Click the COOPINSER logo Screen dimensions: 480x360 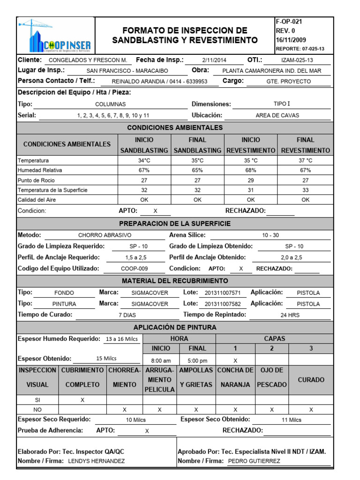[55, 36]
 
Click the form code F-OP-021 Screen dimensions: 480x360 [290, 22]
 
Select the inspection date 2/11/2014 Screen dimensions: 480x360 [214, 60]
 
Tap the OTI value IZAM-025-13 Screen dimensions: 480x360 [297, 60]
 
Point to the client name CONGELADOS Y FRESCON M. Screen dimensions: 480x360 [88, 60]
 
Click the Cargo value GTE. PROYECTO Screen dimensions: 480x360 [292, 81]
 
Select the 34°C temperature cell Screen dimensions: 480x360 [144, 160]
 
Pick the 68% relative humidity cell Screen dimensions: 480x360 [251, 170]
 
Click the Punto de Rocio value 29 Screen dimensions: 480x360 [251, 180]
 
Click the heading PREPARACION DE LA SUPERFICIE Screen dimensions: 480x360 [175, 224]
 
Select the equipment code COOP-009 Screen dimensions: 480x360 [134, 269]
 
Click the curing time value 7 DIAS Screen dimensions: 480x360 [127, 315]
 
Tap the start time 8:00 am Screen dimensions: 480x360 [160, 360]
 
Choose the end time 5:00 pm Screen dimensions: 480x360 [197, 360]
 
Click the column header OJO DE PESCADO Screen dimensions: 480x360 [272, 377]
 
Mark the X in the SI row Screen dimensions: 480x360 [82, 400]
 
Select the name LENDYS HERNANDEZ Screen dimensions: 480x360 [97, 461]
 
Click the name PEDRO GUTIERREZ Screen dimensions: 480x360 [254, 461]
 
